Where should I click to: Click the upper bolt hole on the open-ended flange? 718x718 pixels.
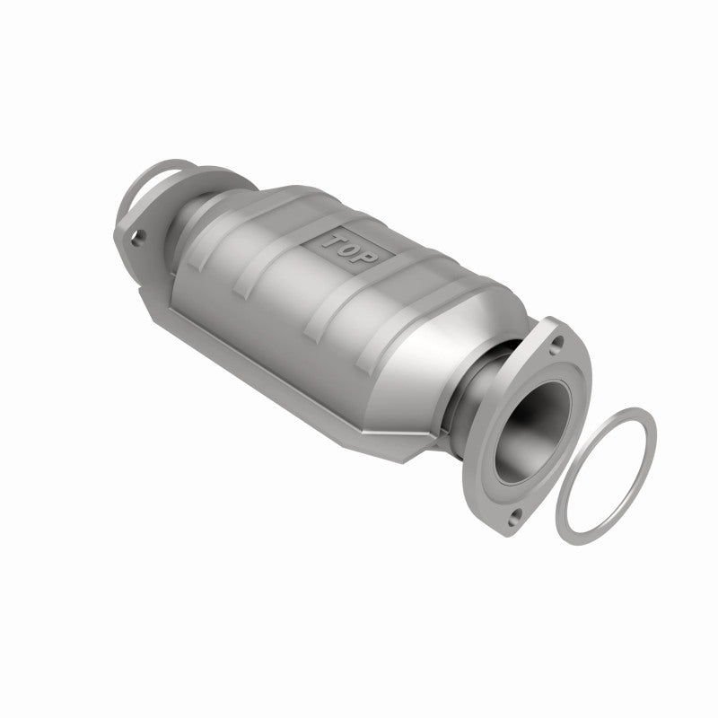click(557, 342)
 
